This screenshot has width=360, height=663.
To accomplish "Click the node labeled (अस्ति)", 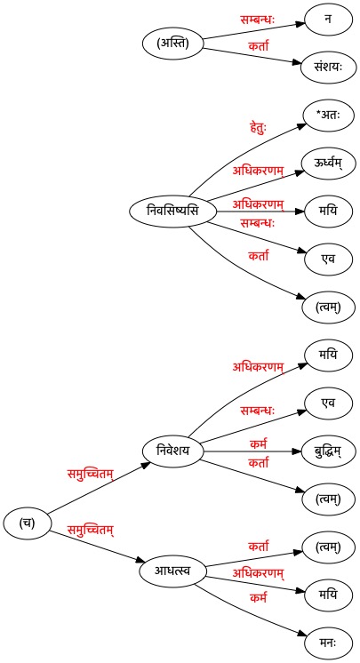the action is point(172,44).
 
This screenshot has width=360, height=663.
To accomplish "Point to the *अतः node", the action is point(328,115).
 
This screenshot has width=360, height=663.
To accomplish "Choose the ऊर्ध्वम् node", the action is point(328,163).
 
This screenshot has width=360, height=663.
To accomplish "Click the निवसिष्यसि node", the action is point(172,211).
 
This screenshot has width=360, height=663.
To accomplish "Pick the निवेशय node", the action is point(172,451).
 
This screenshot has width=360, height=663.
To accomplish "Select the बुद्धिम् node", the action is point(328,451).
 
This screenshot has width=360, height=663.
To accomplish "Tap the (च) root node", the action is point(27,523).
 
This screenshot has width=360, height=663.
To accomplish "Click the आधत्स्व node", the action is point(172,571).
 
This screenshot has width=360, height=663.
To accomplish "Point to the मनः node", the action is point(328,643).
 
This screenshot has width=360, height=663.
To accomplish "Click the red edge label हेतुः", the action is point(258,128).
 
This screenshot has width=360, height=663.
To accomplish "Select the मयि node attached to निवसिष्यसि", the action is point(328,211).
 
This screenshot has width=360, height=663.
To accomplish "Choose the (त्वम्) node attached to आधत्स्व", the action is point(328,547).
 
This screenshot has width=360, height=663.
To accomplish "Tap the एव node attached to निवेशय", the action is point(328,403).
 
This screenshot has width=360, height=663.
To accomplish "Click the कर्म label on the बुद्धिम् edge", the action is point(258,444).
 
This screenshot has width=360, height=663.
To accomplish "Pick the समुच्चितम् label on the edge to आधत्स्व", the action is point(91,530).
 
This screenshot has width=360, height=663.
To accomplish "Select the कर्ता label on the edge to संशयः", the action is point(258,44).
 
